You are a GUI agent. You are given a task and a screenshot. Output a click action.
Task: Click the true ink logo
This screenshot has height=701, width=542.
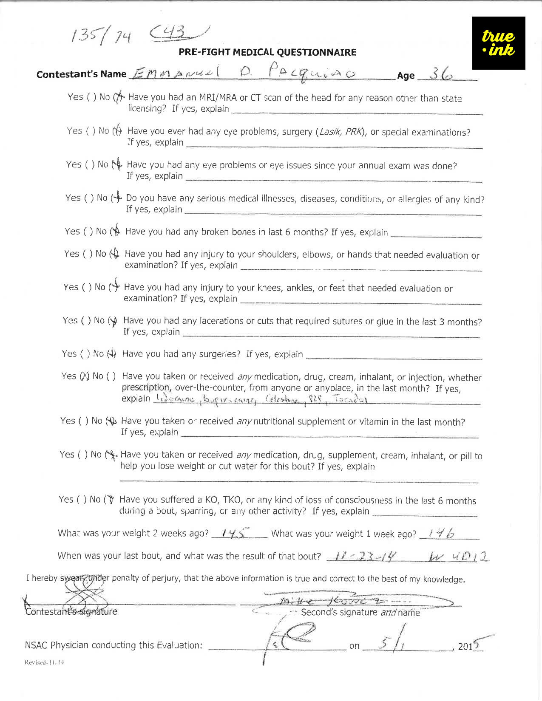[499, 43]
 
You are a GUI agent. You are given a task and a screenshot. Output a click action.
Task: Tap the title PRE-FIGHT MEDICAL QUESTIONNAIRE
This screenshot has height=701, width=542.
[267, 52]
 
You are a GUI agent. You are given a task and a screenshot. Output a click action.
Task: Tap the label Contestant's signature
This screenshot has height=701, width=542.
[71, 612]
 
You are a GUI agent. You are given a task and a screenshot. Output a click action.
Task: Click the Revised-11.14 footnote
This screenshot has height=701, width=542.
[45, 662]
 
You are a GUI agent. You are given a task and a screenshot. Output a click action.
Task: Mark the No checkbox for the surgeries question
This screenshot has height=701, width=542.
[111, 353]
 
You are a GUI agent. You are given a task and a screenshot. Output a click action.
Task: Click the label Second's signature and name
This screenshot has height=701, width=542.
[360, 612]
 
